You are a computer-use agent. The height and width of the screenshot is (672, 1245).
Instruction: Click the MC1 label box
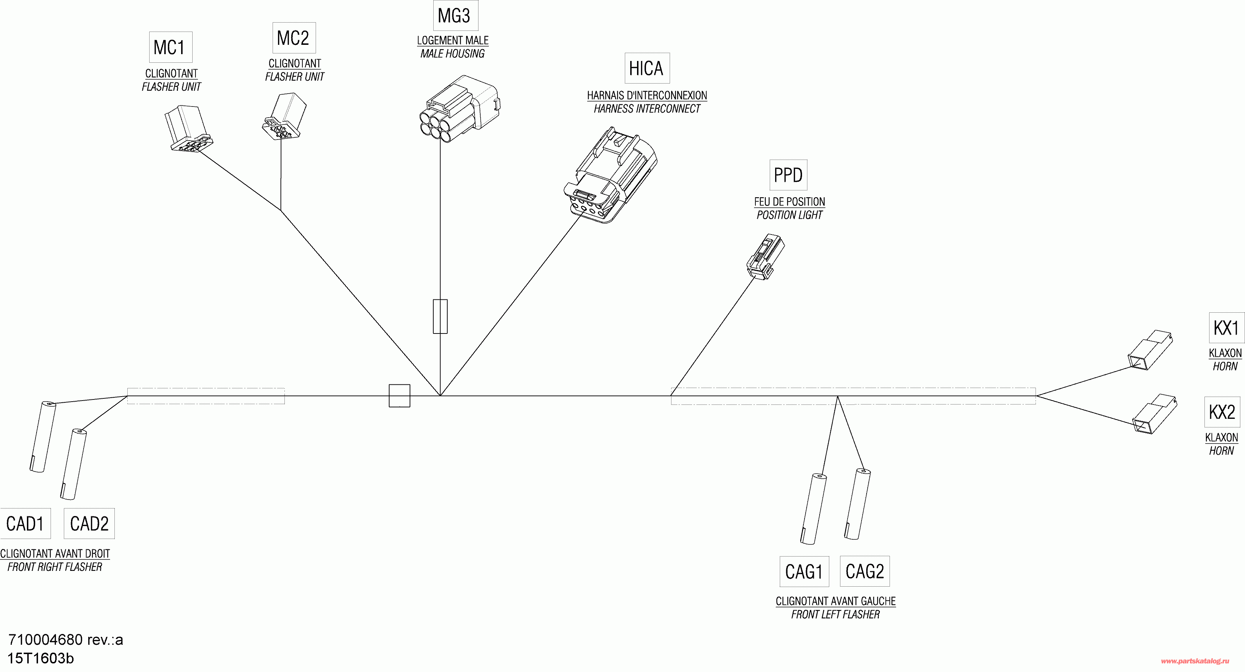171,47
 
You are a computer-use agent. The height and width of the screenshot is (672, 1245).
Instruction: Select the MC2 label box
294,38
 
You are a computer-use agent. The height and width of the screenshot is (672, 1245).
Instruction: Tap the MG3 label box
455,15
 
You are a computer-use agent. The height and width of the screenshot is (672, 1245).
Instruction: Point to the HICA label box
647,68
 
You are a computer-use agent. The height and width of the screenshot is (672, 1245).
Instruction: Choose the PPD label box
788,175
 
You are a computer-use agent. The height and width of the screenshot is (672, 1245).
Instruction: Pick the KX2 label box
1222,412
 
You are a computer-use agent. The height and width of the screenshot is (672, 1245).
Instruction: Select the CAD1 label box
25,524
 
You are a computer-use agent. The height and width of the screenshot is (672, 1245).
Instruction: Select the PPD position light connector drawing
765,257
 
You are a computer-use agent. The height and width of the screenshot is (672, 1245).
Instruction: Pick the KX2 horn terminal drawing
1155,414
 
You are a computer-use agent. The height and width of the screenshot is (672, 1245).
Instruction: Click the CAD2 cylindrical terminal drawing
74,464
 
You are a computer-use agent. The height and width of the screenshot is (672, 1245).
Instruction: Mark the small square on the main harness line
399,396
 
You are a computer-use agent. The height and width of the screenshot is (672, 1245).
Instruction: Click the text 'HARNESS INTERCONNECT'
647,109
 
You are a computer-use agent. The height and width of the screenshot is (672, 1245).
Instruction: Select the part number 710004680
46,640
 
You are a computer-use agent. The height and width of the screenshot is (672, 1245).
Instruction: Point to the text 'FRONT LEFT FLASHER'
835,615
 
